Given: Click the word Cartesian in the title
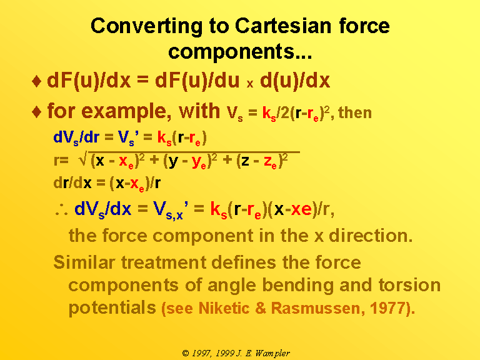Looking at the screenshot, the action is (283, 26).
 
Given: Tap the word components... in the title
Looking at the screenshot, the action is (240, 51).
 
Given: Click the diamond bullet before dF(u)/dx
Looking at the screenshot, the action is (36, 81).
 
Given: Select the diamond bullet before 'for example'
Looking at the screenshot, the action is (36, 112).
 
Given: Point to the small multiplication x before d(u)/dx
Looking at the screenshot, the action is (250, 84).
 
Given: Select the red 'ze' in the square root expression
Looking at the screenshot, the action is (270, 162).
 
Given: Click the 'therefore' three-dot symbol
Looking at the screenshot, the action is (61, 210).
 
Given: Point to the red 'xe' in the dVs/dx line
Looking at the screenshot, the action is (301, 210).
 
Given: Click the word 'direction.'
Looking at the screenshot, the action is (371, 236).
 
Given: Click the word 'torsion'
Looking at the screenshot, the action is (409, 285).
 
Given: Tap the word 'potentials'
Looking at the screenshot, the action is (112, 308).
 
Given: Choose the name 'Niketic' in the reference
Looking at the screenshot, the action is (224, 308).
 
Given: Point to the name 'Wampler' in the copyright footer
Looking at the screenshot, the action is (272, 354).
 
